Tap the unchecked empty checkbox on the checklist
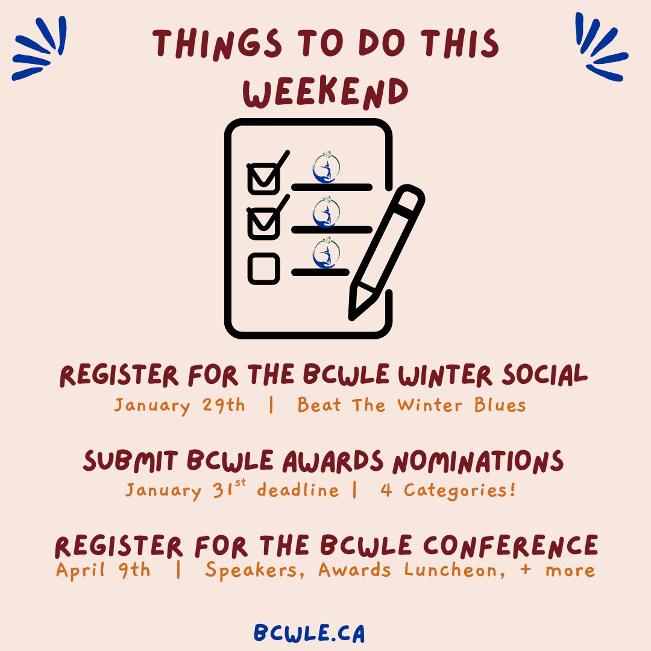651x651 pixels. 263,269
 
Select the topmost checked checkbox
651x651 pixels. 263,178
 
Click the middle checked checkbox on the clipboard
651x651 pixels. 263,223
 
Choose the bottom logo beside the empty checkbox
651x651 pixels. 326,253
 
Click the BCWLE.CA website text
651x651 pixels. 309,634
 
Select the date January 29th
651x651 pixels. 180,405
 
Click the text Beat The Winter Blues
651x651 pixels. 412,405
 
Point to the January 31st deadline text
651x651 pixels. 232,489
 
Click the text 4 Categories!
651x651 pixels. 448,490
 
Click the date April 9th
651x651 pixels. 103,570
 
